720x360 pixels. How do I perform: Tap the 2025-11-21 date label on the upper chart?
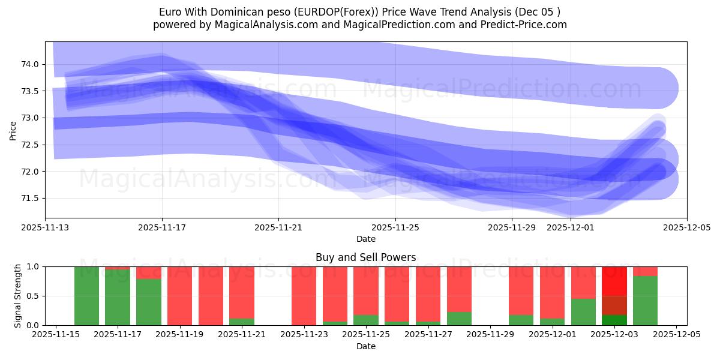pos(278,228)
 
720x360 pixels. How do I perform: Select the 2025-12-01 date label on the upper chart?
pos(570,228)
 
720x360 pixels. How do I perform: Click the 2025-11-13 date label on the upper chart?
pos(45,228)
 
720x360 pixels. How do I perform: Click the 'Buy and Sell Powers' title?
pos(365,257)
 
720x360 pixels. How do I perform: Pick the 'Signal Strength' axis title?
pos(18,296)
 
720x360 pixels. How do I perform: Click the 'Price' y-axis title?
pos(13,130)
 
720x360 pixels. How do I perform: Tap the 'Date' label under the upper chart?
pos(365,239)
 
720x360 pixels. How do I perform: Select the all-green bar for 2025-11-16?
pos(86,296)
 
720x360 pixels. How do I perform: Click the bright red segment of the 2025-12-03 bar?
pos(614,281)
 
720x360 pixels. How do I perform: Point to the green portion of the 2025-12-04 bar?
pos(645,300)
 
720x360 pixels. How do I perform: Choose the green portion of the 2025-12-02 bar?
pos(583,312)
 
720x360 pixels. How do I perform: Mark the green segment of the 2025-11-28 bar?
pos(459,319)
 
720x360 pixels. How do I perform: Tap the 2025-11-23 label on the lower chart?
pos(305,335)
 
